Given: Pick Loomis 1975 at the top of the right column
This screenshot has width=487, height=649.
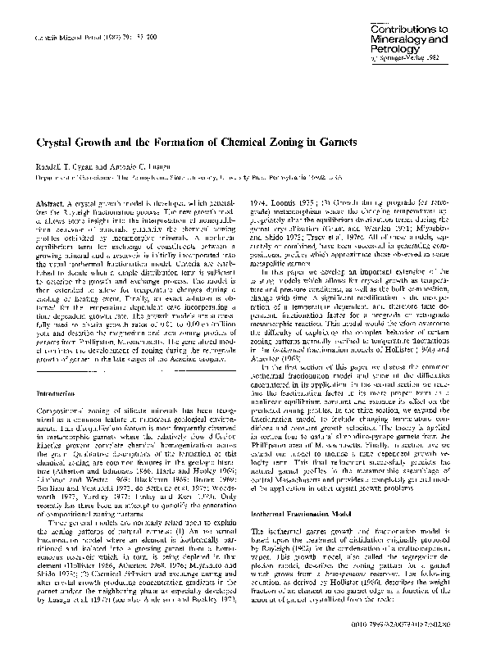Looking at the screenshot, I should tap(284, 202).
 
